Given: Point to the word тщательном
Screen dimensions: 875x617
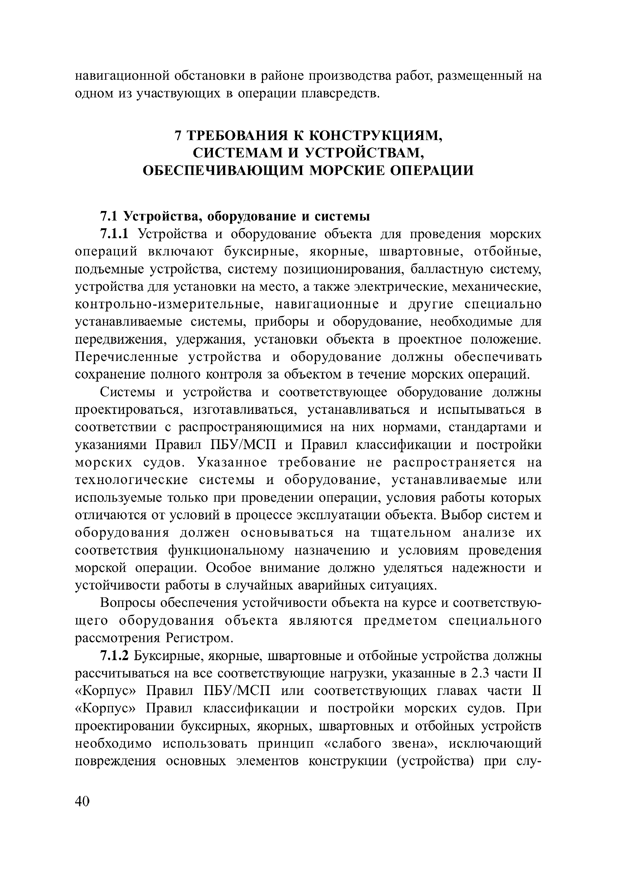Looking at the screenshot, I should pos(411,533).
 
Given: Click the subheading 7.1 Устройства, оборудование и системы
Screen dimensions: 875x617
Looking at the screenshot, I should pos(235,217).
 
